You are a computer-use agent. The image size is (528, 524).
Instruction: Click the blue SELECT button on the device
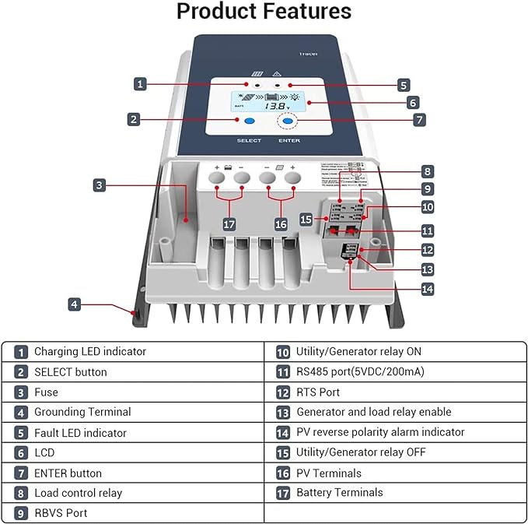[249, 122]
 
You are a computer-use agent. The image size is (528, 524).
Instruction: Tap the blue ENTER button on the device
[288, 121]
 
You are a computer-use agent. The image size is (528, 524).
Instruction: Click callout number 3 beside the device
[99, 185]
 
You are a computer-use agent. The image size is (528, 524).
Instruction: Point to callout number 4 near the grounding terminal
[74, 304]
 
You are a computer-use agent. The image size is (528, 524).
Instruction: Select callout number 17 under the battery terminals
[229, 224]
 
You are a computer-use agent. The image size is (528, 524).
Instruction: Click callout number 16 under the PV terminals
[281, 224]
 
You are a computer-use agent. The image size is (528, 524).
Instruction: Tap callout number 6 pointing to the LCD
[413, 102]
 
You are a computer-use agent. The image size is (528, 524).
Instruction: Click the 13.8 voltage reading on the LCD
[274, 105]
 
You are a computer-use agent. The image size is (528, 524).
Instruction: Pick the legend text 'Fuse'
[46, 392]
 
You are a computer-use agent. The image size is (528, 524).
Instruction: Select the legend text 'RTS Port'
[318, 392]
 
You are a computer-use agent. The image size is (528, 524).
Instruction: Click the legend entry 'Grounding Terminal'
[82, 412]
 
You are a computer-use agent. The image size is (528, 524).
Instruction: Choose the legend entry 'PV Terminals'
[329, 473]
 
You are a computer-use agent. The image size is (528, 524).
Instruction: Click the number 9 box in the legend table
[21, 513]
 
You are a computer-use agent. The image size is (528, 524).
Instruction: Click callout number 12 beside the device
[428, 250]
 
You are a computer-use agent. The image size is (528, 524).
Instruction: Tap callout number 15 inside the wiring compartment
[307, 220]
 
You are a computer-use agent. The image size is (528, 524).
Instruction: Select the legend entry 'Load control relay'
[78, 493]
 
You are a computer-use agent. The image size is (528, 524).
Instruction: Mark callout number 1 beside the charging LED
[140, 83]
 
